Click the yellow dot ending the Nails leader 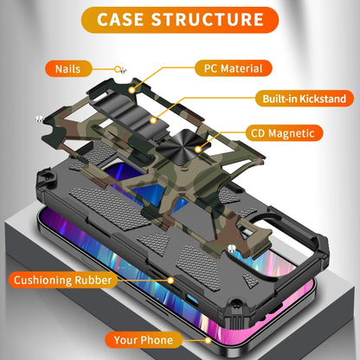pos(115,67)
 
